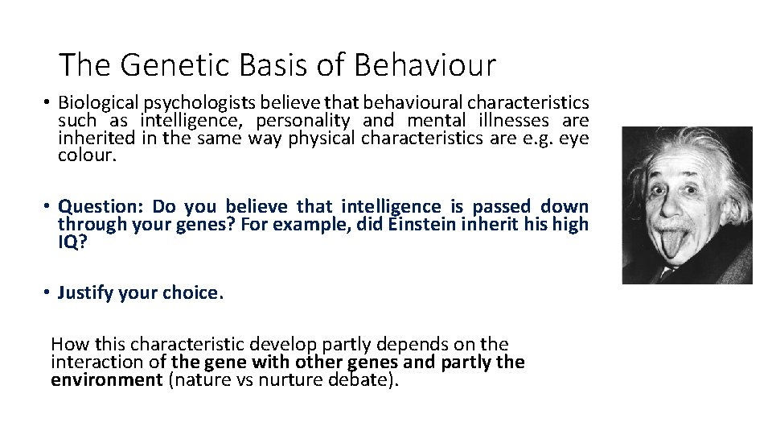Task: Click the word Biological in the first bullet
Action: [98, 104]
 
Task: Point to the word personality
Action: [303, 121]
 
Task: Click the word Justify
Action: [86, 292]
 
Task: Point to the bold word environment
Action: [106, 379]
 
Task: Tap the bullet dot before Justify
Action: [48, 292]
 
